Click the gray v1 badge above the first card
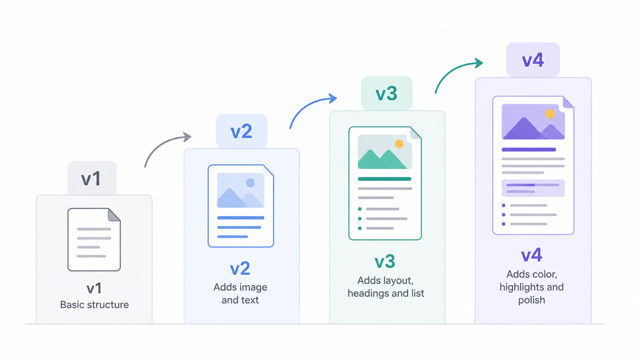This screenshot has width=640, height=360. pyautogui.click(x=92, y=178)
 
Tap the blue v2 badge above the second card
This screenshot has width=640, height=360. pyautogui.click(x=242, y=131)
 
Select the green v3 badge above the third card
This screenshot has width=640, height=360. pyautogui.click(x=386, y=93)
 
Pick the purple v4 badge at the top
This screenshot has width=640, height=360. pyautogui.click(x=533, y=60)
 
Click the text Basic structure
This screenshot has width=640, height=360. pyautogui.click(x=94, y=304)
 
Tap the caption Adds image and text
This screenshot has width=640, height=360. pyautogui.click(x=240, y=294)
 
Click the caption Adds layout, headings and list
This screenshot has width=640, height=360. pyautogui.click(x=386, y=287)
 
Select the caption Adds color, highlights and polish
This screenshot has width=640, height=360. pyautogui.click(x=532, y=287)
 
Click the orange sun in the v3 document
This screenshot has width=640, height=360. pyautogui.click(x=399, y=144)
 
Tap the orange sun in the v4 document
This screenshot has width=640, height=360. pyautogui.click(x=550, y=114)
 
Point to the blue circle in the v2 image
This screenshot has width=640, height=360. pyautogui.click(x=250, y=183)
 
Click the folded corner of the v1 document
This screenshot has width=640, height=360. pyautogui.click(x=114, y=215)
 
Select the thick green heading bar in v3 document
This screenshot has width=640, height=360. pyautogui.click(x=384, y=179)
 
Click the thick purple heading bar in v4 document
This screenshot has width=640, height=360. pyautogui.click(x=529, y=150)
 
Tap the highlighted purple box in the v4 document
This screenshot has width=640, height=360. pyautogui.click(x=533, y=188)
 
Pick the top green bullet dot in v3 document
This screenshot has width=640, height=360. pyautogui.click(x=360, y=209)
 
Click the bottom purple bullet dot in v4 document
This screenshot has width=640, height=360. pyautogui.click(x=504, y=224)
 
